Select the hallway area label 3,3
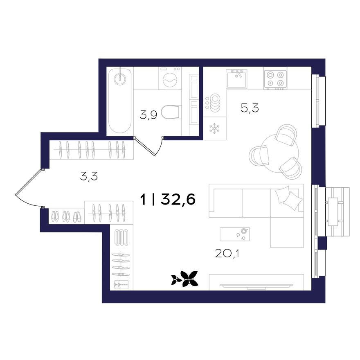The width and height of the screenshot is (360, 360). click(89, 176)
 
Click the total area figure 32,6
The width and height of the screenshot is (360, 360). click(178, 200)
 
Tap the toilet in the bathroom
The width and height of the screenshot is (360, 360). click(171, 112)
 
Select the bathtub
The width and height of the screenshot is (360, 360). click(119, 100)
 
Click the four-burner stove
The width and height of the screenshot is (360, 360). click(275, 78)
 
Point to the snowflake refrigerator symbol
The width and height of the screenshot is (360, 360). click(214, 128)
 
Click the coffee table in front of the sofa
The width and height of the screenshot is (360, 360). click(234, 234)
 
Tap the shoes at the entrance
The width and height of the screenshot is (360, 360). click(66, 216)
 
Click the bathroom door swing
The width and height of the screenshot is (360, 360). click(149, 147)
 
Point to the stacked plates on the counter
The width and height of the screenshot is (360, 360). click(215, 102)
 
